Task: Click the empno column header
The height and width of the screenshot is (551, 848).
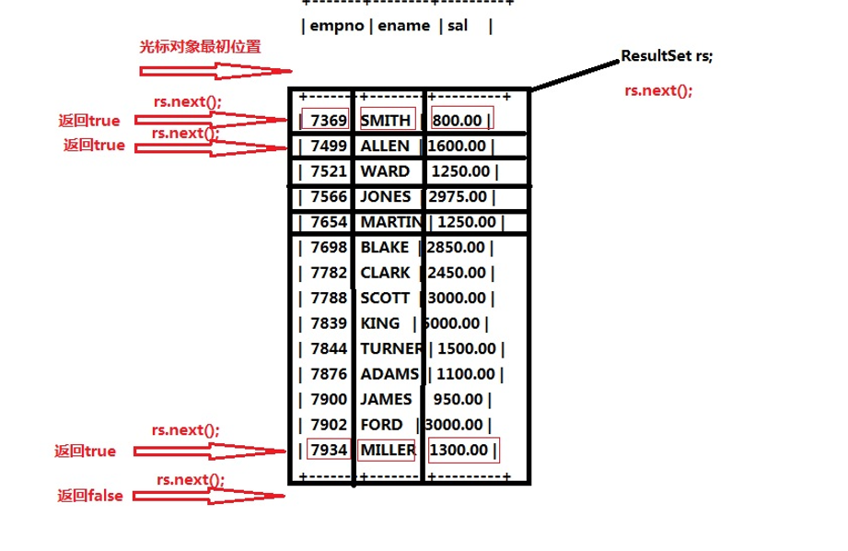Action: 337,27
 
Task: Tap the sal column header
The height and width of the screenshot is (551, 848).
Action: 458,27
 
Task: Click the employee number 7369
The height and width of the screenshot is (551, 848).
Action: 329,120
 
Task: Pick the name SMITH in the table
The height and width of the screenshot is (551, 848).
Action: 386,120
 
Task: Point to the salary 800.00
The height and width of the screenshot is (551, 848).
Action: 459,120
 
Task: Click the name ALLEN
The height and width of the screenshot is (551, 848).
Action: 385,146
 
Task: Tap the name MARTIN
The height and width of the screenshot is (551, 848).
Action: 390,222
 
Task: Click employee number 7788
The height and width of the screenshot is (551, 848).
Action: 329,298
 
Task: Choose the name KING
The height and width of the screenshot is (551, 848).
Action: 380,323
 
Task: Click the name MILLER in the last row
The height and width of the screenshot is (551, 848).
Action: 388,450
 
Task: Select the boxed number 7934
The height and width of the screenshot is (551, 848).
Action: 329,450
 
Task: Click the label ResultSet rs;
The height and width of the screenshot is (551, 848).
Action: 667,56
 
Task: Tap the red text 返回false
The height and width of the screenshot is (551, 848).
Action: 90,496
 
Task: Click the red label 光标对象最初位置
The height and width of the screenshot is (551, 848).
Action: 200,47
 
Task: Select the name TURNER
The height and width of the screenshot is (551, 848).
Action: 390,348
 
